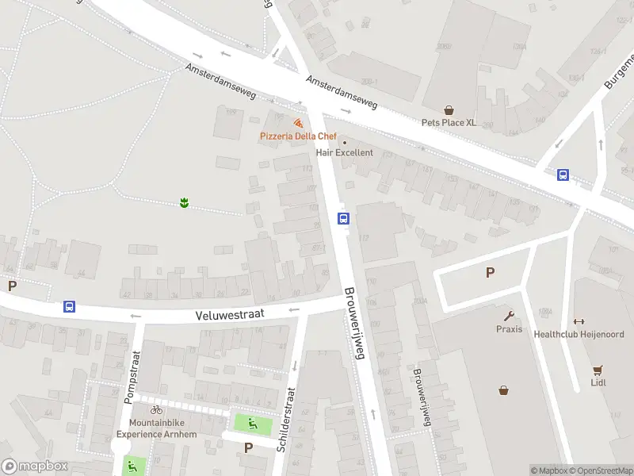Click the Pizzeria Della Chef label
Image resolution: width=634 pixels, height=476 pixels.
298,136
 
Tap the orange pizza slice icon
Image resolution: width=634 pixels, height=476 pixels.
298,124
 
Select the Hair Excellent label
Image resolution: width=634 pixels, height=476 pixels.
344,152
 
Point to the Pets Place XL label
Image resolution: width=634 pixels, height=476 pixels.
449,123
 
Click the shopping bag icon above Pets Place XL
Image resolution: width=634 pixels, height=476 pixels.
449,110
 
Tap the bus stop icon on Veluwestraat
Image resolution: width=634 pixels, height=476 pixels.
70,307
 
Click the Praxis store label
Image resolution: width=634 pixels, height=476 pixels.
509,329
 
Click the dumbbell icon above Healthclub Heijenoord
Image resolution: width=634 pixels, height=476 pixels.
578,321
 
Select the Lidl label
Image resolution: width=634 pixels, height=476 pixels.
598,382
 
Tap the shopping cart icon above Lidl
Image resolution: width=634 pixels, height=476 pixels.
598,370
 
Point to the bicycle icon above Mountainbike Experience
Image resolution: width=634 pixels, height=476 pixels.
156,409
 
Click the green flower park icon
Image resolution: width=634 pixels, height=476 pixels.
184,203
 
